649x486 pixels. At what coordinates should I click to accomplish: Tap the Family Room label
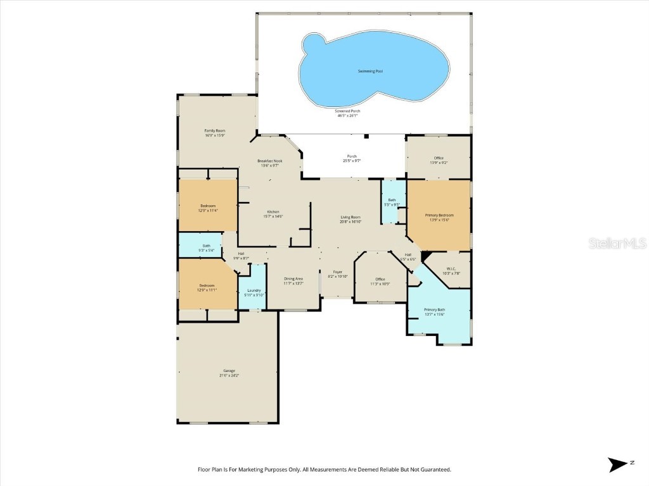tap(215, 130)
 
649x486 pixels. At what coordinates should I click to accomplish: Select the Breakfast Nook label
tap(269, 161)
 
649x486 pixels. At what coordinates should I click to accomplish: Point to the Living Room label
tap(350, 217)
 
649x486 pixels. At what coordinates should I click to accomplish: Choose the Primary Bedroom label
tap(439, 215)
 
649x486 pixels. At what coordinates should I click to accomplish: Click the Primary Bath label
tap(434, 309)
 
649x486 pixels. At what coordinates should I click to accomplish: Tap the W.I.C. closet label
tap(451, 268)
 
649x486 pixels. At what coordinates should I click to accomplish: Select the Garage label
tap(229, 370)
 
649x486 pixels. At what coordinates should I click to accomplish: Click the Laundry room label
tap(254, 290)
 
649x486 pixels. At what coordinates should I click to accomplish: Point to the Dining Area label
tap(293, 278)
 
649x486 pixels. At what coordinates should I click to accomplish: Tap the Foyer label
tap(338, 272)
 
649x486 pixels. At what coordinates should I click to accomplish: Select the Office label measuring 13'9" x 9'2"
tap(439, 158)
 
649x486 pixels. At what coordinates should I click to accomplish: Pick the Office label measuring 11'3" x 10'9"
tap(380, 279)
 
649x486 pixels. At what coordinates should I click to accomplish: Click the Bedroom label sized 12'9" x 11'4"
tap(208, 206)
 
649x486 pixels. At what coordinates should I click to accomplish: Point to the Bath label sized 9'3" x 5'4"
tap(207, 246)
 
